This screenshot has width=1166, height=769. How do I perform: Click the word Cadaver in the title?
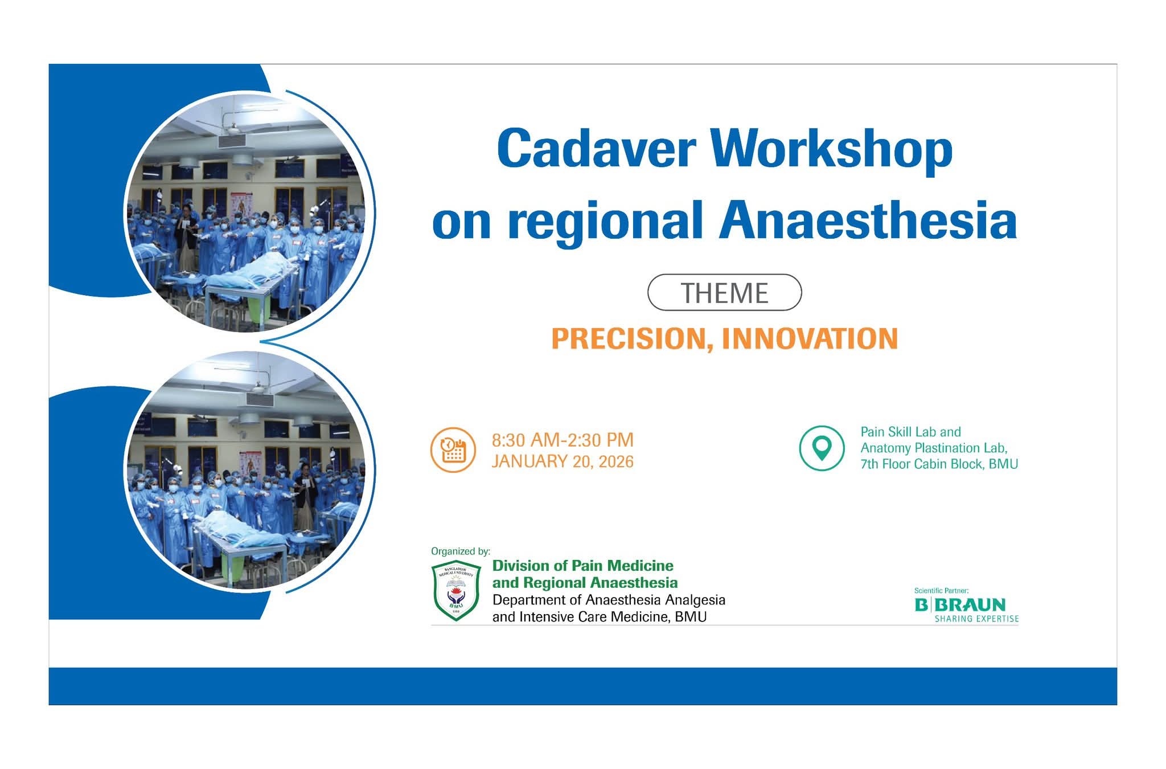pos(596,149)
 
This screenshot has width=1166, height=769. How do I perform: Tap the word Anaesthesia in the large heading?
pos(868,221)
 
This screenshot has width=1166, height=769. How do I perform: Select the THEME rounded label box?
pos(724,293)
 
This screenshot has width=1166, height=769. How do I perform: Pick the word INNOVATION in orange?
pos(810,339)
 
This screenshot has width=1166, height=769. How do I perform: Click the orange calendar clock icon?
pos(453,450)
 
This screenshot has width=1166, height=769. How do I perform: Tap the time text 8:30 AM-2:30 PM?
pos(563,440)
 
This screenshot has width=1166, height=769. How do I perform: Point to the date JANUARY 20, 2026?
pos(563,461)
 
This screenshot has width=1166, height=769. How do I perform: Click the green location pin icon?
pos(822,448)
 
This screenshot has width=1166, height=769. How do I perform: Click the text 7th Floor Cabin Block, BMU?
pos(939,464)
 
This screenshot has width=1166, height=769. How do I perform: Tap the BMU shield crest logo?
pos(456,591)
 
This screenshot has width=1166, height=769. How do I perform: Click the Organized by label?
pos(460,551)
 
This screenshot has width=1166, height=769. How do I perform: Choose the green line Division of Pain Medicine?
pos(582,566)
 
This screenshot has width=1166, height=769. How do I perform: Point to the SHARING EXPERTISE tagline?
pos(976,619)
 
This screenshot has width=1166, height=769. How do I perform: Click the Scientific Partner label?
pos(941,591)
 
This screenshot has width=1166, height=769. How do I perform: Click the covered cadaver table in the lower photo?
pos(239,530)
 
